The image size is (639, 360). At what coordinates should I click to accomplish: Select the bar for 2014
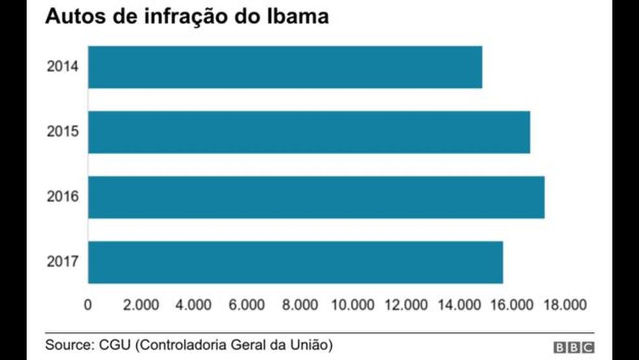click(x=285, y=67)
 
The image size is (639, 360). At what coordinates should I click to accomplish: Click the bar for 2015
click(x=309, y=132)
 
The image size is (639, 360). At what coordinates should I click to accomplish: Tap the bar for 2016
click(x=316, y=197)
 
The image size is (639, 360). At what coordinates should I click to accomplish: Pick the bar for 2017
click(x=295, y=262)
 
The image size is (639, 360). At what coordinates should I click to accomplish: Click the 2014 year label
click(x=62, y=67)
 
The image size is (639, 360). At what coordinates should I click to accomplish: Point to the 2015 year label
click(x=62, y=132)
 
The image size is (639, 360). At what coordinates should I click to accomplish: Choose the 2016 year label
click(x=62, y=197)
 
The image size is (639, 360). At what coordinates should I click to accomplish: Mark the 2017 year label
click(x=62, y=262)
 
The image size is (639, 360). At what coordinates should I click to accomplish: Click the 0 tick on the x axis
click(x=88, y=305)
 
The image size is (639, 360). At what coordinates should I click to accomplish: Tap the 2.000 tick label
click(x=141, y=305)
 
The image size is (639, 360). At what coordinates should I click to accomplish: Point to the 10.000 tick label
click(x=353, y=305)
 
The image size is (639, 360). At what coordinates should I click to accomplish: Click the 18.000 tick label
click(x=564, y=305)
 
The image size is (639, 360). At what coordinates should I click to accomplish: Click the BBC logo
click(x=574, y=348)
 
